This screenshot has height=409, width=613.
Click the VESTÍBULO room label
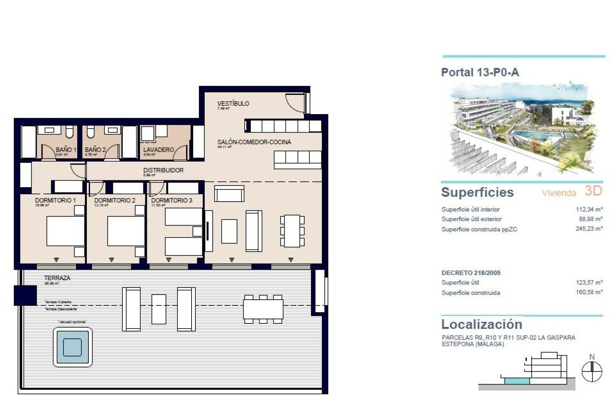coord(233,104)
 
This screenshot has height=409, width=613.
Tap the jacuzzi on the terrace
coord(72,347)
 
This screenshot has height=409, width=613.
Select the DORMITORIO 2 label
coord(115,200)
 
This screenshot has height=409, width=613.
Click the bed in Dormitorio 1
coord(65,231)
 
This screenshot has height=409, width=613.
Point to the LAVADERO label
coord(158,150)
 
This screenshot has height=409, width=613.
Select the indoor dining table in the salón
coord(292,231)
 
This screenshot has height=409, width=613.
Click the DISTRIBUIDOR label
coord(163,170)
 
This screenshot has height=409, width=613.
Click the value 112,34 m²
coord(589,210)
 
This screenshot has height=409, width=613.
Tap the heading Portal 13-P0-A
coord(480,73)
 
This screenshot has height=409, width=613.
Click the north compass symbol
coord(592,372)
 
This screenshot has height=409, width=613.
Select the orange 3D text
coord(593,191)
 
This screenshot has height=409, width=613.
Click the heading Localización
coord(481,324)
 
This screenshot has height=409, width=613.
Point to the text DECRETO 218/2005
coord(471,273)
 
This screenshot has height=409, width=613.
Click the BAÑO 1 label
coord(66,150)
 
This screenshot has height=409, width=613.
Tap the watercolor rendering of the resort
coord(522,129)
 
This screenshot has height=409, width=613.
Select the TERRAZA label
coord(57,278)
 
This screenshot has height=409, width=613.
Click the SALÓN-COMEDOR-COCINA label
coord(254,142)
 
